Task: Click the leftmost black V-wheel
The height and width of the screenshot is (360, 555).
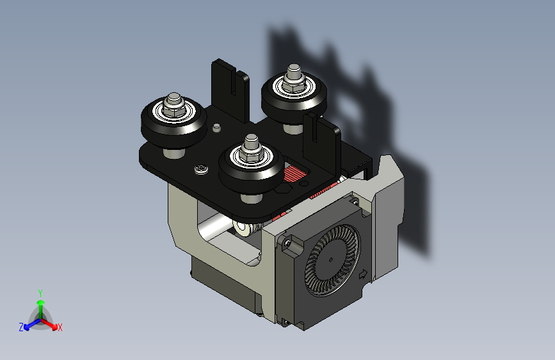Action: click(x=173, y=122)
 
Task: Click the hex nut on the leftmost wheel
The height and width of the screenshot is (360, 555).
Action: click(x=173, y=109)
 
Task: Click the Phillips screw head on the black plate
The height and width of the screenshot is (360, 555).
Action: click(x=202, y=169)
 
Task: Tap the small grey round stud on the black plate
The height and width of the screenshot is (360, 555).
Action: click(x=216, y=127)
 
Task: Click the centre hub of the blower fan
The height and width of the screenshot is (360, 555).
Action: click(x=331, y=259)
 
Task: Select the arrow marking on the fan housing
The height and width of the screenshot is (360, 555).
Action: click(x=363, y=275)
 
